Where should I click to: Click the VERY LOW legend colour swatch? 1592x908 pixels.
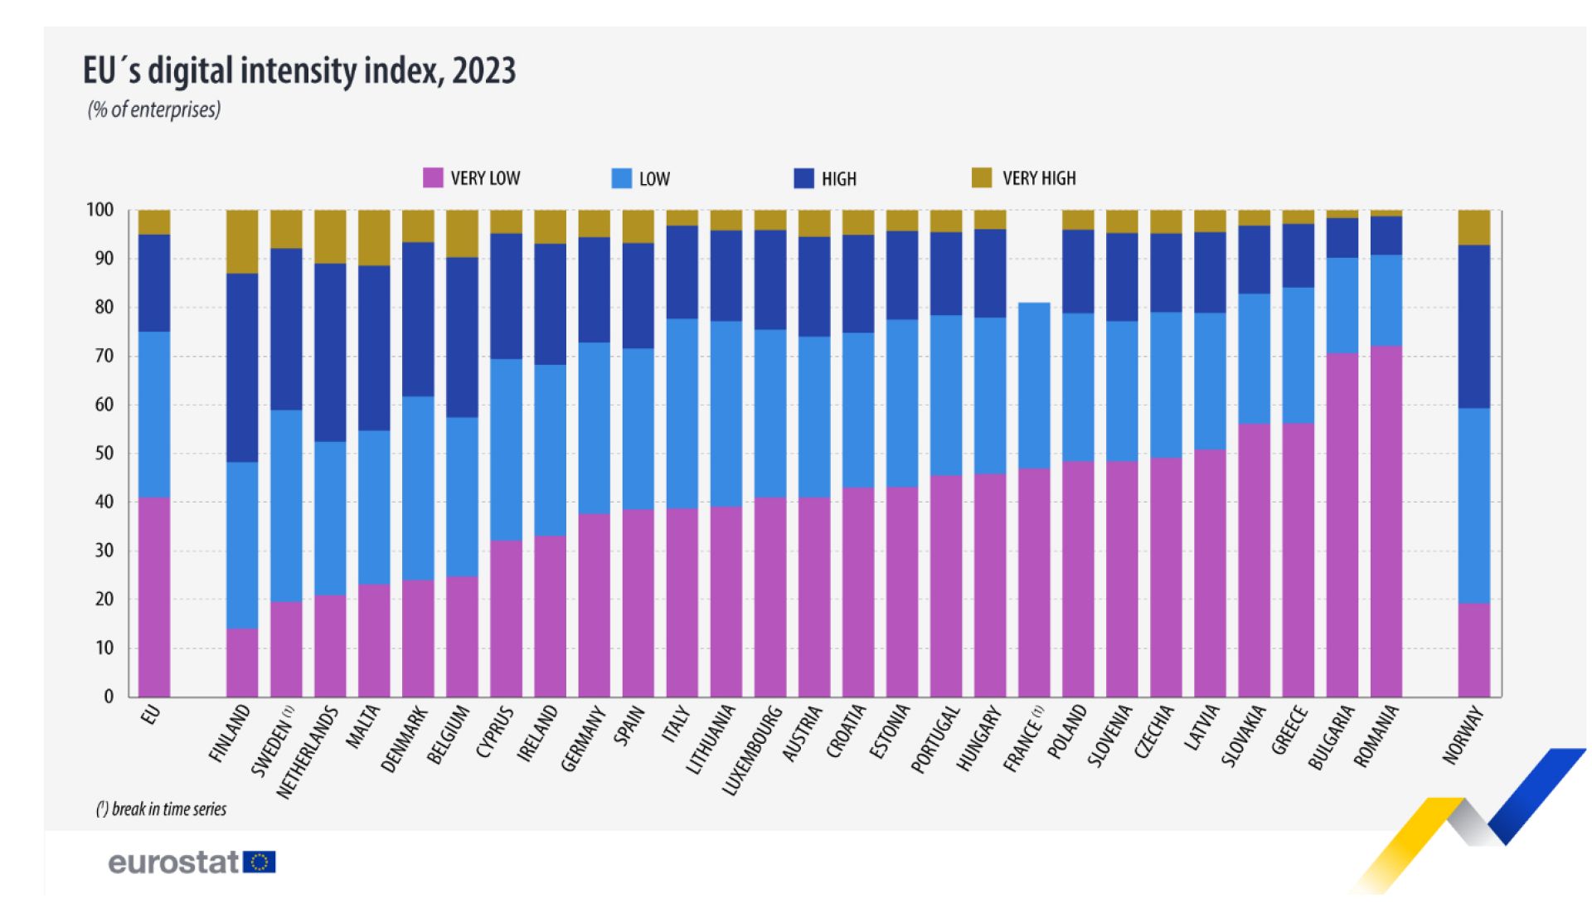click(x=433, y=177)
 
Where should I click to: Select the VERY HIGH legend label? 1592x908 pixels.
click(x=1038, y=178)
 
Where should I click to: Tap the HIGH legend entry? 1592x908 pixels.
click(x=838, y=178)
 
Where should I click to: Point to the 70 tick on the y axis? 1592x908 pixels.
click(x=104, y=356)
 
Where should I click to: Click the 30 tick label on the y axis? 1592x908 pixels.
click(x=104, y=551)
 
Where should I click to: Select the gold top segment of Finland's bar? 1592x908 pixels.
click(x=242, y=241)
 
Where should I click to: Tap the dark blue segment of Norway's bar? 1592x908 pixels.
click(x=1473, y=326)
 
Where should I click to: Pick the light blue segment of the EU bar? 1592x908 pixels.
click(x=154, y=414)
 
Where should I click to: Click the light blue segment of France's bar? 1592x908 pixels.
click(x=1034, y=386)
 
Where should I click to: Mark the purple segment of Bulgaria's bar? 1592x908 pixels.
click(x=1342, y=524)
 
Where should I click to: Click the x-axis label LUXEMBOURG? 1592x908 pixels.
click(x=752, y=750)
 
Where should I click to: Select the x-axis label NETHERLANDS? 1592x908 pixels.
click(x=308, y=752)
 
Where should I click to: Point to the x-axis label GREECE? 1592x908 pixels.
click(x=1289, y=731)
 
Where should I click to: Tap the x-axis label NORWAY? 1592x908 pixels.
click(x=1463, y=735)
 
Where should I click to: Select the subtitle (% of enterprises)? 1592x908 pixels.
click(x=154, y=109)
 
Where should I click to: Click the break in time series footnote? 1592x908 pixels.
click(x=161, y=809)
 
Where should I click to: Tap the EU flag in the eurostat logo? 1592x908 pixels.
click(x=260, y=862)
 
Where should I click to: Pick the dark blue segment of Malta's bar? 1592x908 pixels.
click(x=374, y=347)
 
